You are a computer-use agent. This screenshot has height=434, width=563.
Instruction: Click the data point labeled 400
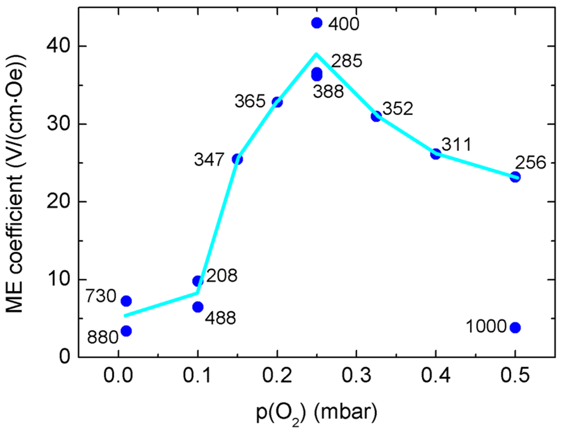point(316,23)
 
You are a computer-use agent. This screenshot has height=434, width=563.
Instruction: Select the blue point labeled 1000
point(515,327)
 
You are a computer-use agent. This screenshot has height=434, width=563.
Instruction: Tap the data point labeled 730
point(126,301)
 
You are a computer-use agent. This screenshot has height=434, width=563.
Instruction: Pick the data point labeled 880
point(126,331)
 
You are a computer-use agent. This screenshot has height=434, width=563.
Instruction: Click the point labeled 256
point(515,177)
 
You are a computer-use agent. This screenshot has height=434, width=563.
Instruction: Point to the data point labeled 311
point(435,153)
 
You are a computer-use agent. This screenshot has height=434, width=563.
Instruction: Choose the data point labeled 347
point(238,159)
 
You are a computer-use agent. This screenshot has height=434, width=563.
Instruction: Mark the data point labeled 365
point(277,102)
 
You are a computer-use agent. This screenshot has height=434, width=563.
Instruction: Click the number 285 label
point(346,61)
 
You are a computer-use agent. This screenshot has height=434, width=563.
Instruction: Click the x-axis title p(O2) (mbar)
point(317,413)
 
